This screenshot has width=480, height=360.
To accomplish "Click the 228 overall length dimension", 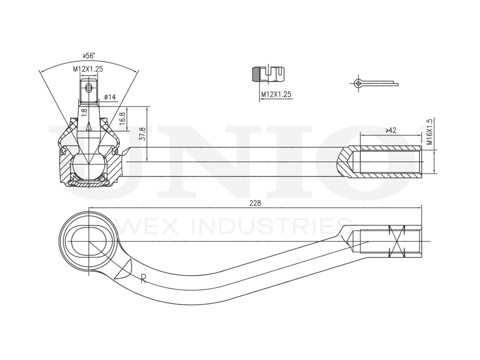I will click(255, 203).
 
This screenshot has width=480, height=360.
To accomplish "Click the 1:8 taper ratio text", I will click(84, 113).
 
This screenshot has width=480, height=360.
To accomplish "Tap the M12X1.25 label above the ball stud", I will click(88, 69).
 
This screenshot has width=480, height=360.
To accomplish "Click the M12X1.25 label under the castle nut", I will click(276, 94).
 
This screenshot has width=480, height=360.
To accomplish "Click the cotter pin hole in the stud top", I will click(88, 87).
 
